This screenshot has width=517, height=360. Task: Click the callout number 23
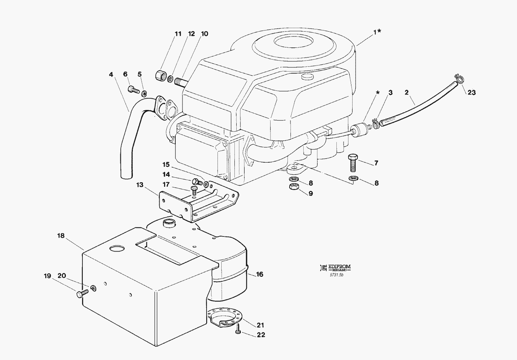(x=471, y=93)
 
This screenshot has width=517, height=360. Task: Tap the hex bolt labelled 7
(x=353, y=163)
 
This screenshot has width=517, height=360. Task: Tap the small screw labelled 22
(x=238, y=331)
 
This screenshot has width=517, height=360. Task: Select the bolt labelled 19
(x=82, y=293)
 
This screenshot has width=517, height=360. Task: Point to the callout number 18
(x=61, y=236)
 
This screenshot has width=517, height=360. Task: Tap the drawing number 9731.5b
(x=336, y=275)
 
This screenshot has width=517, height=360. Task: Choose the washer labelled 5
(x=144, y=93)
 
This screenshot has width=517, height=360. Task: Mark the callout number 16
(x=260, y=274)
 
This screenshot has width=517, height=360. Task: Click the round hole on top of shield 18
(x=117, y=249)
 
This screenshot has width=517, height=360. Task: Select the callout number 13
(x=140, y=185)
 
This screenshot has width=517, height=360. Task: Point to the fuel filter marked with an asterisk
(x=359, y=130)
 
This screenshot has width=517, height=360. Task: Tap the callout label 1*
(x=377, y=32)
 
